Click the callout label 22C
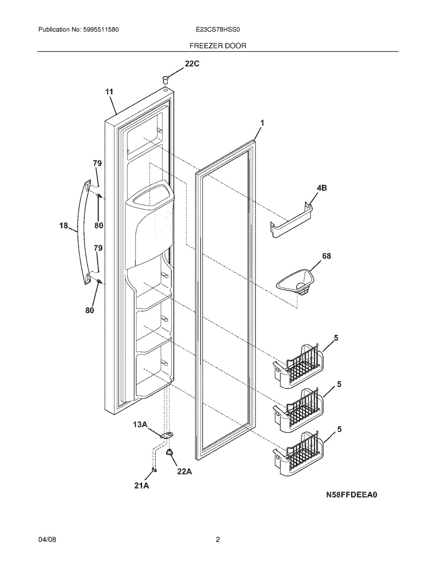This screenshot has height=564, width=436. tap(192, 64)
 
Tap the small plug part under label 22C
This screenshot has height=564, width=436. tap(165, 79)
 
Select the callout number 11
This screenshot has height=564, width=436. tap(109, 92)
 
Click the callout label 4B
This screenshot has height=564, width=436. tap(321, 188)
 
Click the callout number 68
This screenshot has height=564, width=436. tap(327, 256)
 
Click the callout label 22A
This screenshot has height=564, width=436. tap(184, 471)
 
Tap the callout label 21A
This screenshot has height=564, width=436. tap(141, 486)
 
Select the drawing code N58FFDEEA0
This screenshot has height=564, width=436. tap(352, 502)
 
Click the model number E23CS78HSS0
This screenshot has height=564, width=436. tap(218, 30)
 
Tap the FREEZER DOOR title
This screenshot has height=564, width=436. tap(218, 46)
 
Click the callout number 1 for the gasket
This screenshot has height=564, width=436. tap(262, 123)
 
